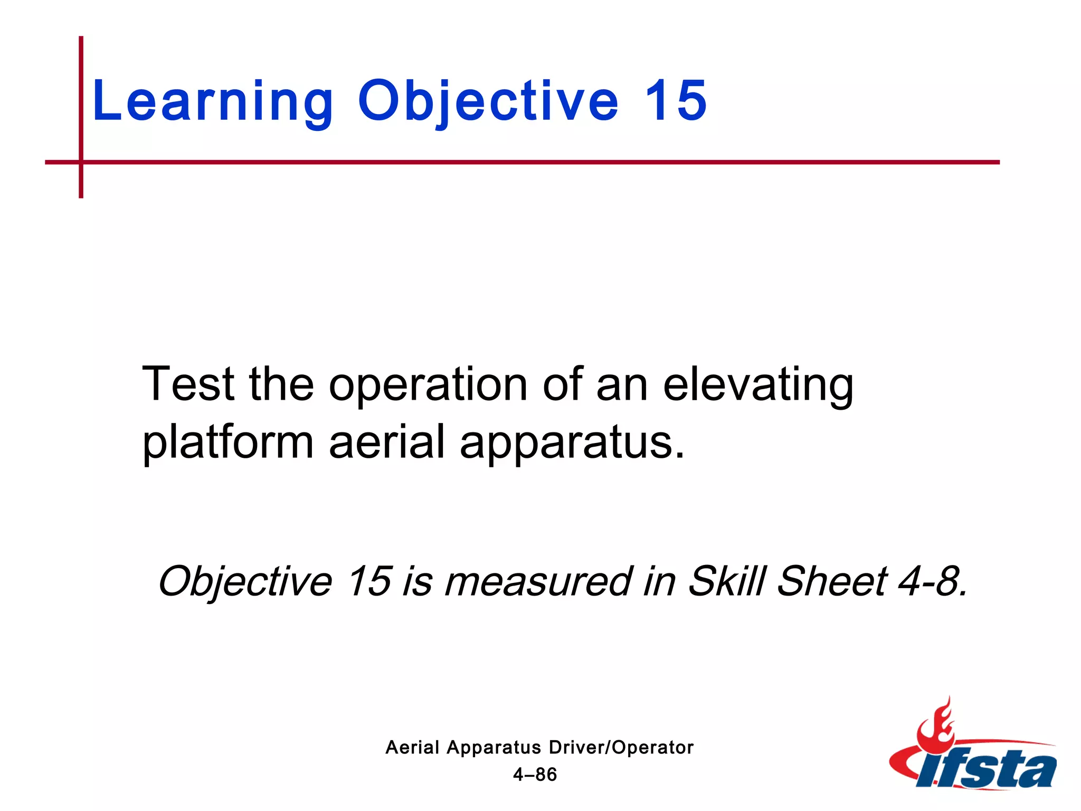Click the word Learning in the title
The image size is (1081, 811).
coord(212,101)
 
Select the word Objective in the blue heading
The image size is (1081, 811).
coord(488,101)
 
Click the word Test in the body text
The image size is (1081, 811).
coord(188,384)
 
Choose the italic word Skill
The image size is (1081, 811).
coord(727,581)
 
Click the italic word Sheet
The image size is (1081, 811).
coord(832,581)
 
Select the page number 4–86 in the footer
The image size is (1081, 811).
coord(535,775)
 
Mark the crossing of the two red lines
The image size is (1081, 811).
coord(81,162)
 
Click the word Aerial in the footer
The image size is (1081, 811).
coord(412,748)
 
